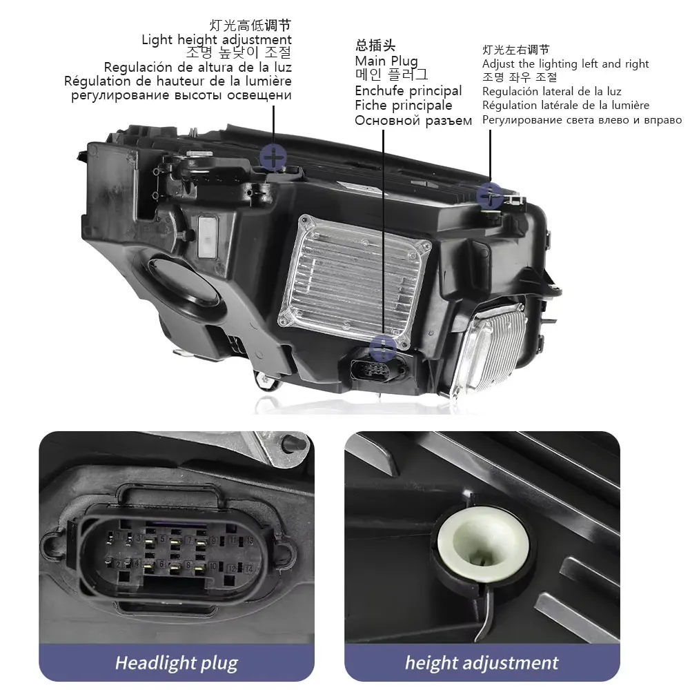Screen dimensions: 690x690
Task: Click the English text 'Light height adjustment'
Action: click(x=216, y=39)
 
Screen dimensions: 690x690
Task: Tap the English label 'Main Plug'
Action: click(x=386, y=61)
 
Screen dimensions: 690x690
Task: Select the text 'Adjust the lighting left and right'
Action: click(x=565, y=64)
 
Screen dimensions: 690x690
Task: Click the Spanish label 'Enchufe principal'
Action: click(x=408, y=90)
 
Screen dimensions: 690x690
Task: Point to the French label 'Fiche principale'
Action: click(x=403, y=106)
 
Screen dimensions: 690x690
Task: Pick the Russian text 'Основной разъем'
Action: click(x=413, y=121)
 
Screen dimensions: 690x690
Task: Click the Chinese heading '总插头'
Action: click(x=375, y=46)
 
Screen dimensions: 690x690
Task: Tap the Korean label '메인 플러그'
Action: click(x=391, y=75)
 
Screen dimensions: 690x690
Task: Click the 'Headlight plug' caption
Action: click(x=176, y=664)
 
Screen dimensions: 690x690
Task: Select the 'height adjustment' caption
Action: click(x=481, y=664)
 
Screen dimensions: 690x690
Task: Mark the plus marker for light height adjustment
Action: click(x=273, y=159)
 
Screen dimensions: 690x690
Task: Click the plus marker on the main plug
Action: click(x=383, y=347)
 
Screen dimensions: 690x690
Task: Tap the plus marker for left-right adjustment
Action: click(x=489, y=195)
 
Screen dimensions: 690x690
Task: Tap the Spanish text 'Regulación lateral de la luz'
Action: click(x=551, y=92)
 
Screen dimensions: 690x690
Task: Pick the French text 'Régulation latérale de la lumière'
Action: click(x=565, y=106)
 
